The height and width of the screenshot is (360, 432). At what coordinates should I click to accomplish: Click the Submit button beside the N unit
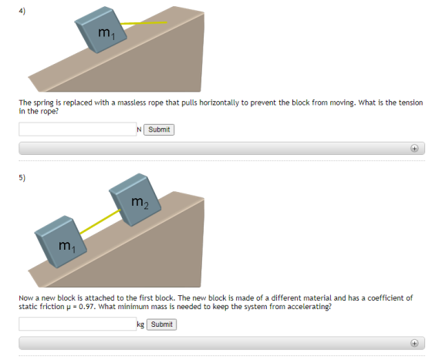159,130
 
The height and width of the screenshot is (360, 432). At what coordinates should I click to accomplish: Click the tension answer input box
77,130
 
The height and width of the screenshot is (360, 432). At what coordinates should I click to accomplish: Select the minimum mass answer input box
77,324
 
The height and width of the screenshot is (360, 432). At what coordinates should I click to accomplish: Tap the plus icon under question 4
414,148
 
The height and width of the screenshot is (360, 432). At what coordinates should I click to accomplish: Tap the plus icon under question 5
414,343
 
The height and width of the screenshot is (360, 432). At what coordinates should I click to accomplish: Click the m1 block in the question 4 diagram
101,30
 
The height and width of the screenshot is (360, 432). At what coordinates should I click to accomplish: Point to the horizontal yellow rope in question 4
143,23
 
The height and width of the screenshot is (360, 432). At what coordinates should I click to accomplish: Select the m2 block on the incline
135,200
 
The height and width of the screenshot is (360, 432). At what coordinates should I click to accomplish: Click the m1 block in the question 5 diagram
61,242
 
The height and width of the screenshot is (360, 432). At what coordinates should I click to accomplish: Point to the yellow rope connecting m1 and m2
100,222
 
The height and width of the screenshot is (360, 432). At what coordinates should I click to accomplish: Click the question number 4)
22,11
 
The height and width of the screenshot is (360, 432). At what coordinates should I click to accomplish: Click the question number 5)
22,177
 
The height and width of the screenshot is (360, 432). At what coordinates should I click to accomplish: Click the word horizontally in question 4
219,103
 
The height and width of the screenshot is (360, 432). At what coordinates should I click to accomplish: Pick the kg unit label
140,325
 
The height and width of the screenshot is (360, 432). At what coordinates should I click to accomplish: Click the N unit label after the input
139,130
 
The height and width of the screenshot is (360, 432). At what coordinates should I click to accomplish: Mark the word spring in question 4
44,103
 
